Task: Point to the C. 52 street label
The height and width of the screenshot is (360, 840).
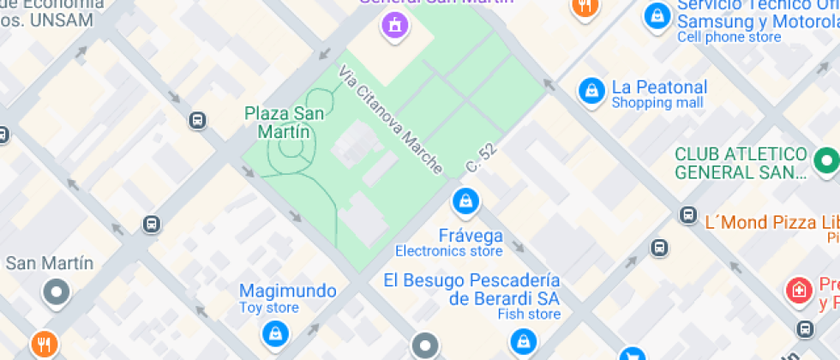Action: pyautogui.click(x=482, y=156)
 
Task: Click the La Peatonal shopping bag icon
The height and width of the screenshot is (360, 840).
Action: pyautogui.click(x=591, y=90)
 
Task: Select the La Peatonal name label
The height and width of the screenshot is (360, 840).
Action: pyautogui.click(x=659, y=87)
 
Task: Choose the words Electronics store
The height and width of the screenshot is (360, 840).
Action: pyautogui.click(x=448, y=251)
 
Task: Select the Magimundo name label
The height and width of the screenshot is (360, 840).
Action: pyautogui.click(x=287, y=291)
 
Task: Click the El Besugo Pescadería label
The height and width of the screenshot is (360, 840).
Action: pyautogui.click(x=471, y=280)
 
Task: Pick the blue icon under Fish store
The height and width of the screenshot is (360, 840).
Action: pyautogui.click(x=521, y=343)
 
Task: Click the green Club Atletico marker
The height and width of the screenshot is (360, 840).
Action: pyautogui.click(x=826, y=159)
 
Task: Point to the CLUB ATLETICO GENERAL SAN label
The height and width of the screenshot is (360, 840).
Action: pyautogui.click(x=741, y=163)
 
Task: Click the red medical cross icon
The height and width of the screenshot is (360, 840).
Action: pyautogui.click(x=798, y=288)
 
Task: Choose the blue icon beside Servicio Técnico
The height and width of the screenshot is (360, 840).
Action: pyautogui.click(x=657, y=14)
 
